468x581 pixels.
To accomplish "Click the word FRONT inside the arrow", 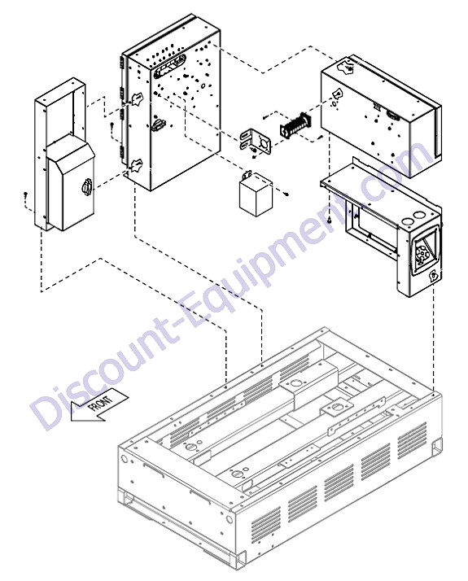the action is pos(100,404).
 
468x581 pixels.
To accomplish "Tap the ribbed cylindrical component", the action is pos(295,126).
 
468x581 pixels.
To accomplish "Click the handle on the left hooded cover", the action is pos(86,187).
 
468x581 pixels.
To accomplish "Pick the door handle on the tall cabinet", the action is pos(158,124).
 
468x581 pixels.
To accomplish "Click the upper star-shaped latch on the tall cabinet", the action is pos(138,98).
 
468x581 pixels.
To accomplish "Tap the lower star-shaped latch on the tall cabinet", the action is pos(137,165).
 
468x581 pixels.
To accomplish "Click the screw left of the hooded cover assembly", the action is pos(25,194).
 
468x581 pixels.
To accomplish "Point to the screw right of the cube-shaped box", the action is pos(286,194).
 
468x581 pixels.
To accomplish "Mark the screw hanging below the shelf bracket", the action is pos(329,221).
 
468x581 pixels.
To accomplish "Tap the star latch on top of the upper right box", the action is pos(348,66).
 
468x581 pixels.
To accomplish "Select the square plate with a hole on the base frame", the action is pos(336,407).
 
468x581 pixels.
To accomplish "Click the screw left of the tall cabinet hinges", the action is pos(112,125).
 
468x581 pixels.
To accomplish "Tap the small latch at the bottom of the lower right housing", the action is pos(433,275).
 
